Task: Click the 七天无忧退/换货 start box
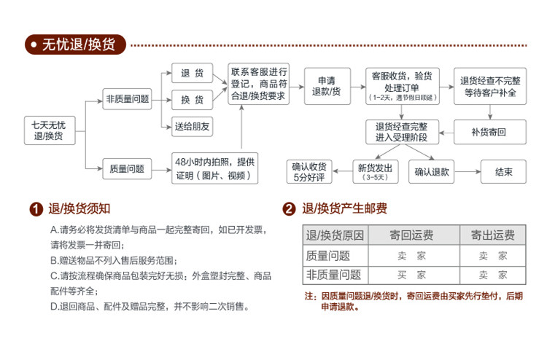point(48,130)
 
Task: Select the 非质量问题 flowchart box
point(128,99)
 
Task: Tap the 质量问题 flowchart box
point(127,169)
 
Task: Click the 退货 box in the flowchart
point(193,74)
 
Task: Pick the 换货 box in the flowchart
point(193,99)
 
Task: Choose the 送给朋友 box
point(193,127)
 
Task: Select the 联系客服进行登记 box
point(258,83)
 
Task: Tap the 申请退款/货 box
point(326,86)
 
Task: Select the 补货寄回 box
point(489,132)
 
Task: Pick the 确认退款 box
point(432,172)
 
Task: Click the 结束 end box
point(503,172)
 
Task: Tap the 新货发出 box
point(375,172)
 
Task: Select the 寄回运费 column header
point(411,235)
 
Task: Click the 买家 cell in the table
point(411,275)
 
